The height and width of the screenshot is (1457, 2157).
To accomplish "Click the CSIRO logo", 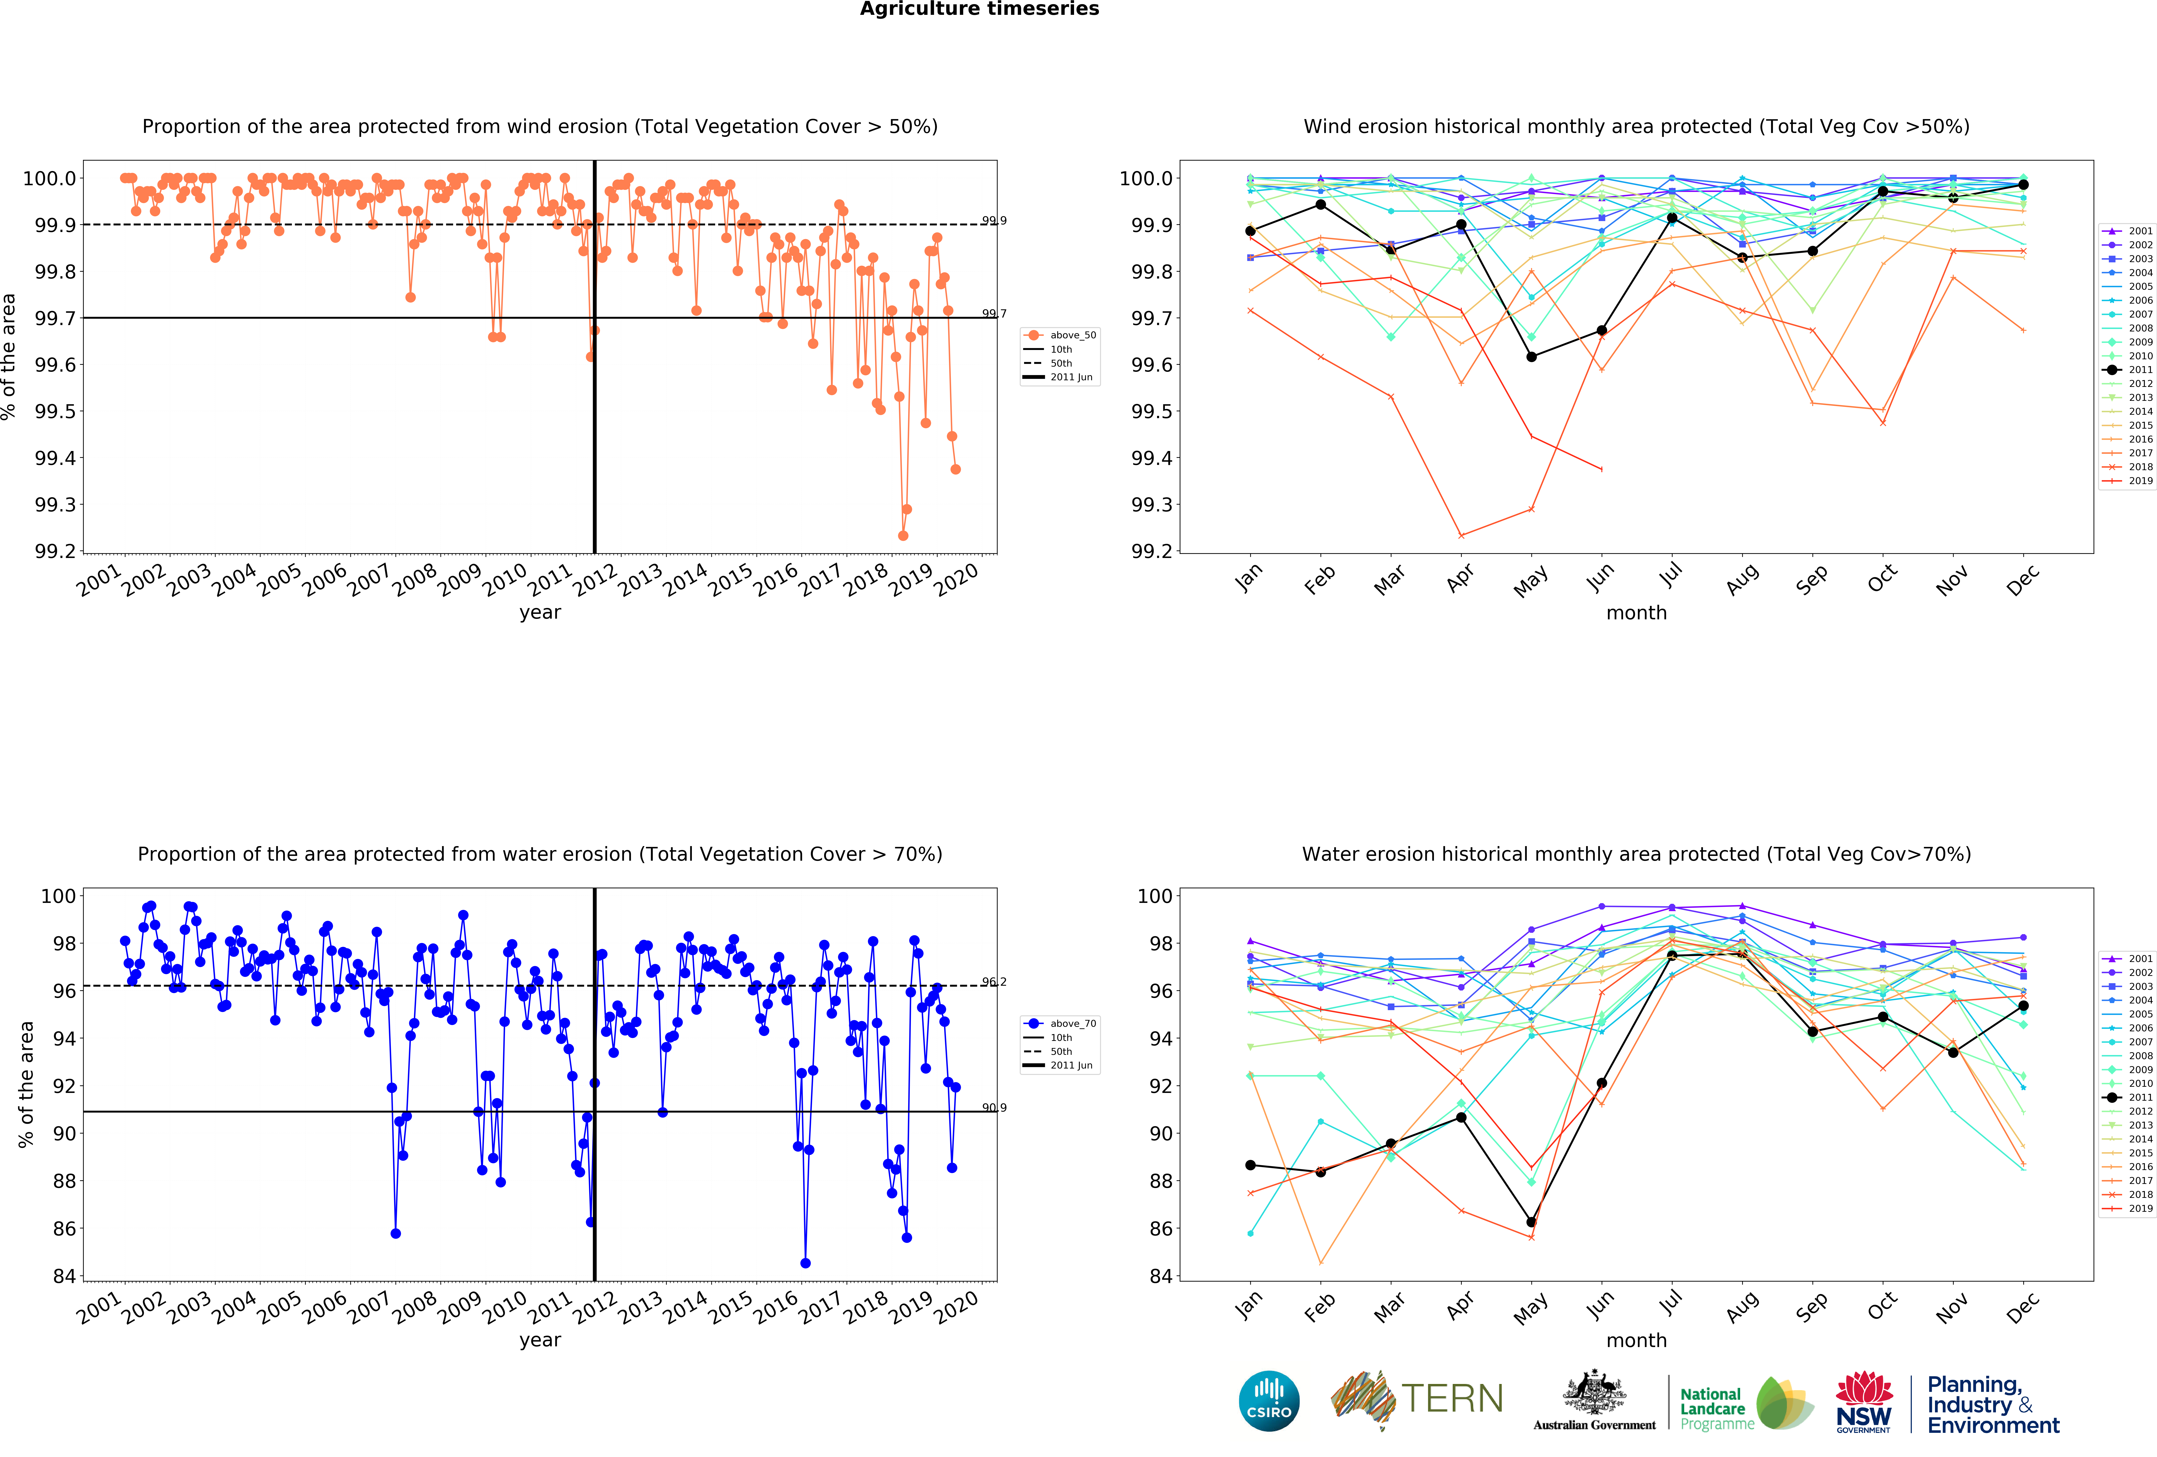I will (1269, 1400).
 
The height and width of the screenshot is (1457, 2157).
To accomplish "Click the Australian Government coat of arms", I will (1594, 1392).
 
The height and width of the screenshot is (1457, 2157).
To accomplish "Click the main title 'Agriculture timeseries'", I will (979, 9).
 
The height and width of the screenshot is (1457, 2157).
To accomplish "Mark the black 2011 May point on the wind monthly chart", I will (1531, 356).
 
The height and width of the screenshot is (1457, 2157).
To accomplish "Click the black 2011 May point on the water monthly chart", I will (1531, 1222).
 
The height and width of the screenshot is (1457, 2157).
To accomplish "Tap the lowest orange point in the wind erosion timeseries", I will (903, 535).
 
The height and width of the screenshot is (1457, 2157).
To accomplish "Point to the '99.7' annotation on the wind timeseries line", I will (994, 314).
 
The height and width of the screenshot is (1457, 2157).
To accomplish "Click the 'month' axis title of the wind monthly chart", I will (1636, 613).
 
